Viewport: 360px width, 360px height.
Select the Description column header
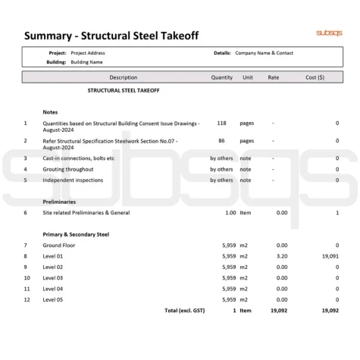click(x=124, y=77)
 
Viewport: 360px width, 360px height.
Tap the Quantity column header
click(x=221, y=77)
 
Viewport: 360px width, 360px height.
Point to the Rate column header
click(x=273, y=77)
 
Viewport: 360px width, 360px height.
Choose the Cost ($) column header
click(x=315, y=77)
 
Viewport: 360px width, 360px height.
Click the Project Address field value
click(x=88, y=53)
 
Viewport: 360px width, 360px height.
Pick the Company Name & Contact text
click(x=264, y=53)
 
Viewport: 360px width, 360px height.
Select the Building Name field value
click(x=86, y=62)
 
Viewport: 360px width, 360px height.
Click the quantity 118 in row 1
click(x=221, y=122)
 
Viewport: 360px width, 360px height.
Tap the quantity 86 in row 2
click(x=221, y=140)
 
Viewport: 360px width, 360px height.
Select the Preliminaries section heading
click(x=58, y=202)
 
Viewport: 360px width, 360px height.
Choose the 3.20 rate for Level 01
click(x=282, y=256)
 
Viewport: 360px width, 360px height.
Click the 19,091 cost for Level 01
click(x=330, y=256)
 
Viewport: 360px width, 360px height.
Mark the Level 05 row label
click(x=53, y=299)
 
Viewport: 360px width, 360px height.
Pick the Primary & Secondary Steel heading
click(x=76, y=234)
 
